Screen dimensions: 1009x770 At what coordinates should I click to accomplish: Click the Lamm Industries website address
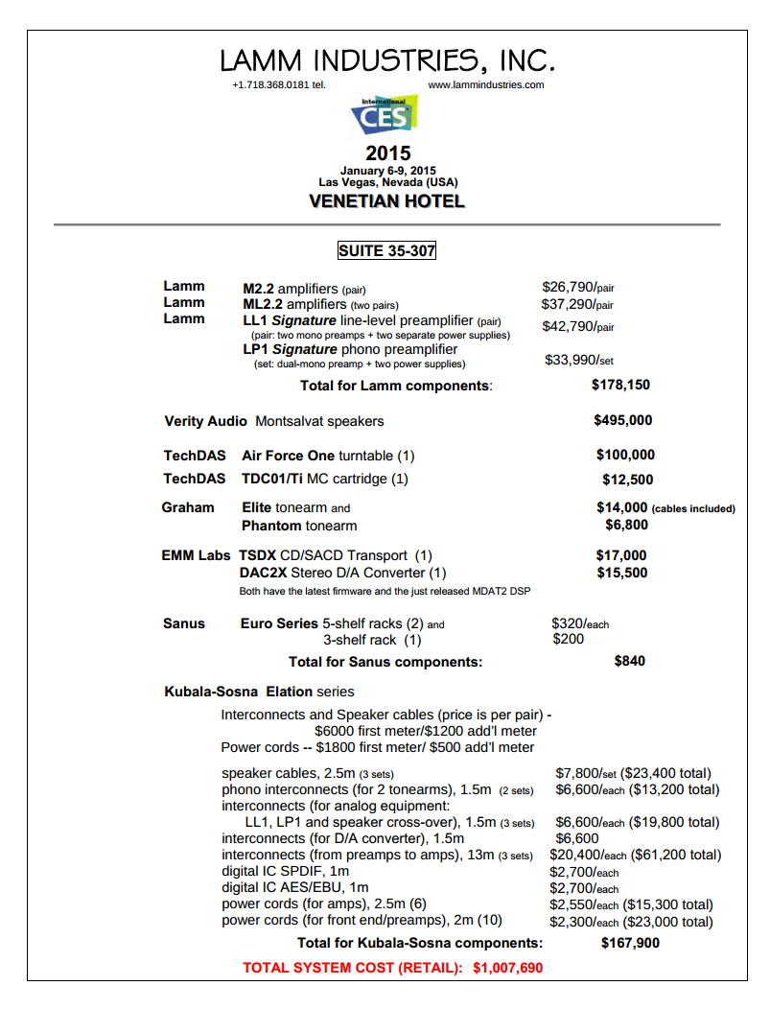(x=485, y=84)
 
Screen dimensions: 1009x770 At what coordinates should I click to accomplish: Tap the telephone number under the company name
(x=278, y=84)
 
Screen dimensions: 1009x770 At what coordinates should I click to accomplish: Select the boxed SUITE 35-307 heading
(x=386, y=251)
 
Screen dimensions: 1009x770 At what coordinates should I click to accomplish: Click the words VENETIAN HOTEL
(x=386, y=201)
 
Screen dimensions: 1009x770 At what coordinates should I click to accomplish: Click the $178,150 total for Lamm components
(x=620, y=386)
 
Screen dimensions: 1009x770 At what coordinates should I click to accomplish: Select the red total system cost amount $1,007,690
(x=507, y=968)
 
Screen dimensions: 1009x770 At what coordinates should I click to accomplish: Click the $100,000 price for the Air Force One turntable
(x=625, y=456)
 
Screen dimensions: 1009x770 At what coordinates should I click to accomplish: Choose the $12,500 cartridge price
(x=627, y=480)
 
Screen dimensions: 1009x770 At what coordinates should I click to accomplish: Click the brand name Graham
(x=188, y=507)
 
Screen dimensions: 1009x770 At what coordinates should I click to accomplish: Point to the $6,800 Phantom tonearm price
(x=626, y=526)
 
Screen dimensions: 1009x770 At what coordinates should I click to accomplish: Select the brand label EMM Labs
(x=196, y=555)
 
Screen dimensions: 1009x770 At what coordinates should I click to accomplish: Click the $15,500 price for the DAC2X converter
(x=621, y=574)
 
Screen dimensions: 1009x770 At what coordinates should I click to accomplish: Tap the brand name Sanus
(x=184, y=623)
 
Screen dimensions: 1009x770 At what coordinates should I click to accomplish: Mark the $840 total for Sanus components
(x=629, y=661)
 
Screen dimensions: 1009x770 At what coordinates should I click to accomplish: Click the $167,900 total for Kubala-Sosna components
(x=630, y=943)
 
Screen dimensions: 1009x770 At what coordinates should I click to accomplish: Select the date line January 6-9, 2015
(x=387, y=170)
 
